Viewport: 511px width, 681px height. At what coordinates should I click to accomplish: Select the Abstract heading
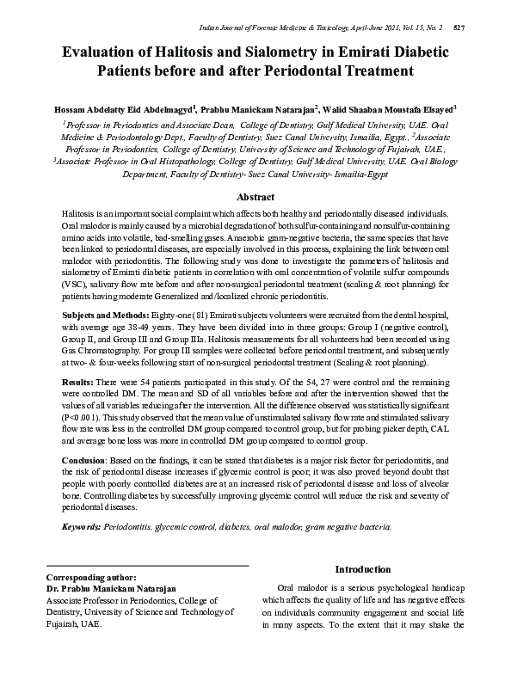[x=255, y=196]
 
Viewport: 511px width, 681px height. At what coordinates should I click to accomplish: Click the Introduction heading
[x=362, y=569]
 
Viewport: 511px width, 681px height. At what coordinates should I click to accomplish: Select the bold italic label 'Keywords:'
[x=82, y=525]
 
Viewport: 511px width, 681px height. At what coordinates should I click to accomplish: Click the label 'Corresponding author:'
[x=90, y=577]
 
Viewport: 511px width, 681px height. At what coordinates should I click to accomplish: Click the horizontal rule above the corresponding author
[x=146, y=565]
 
